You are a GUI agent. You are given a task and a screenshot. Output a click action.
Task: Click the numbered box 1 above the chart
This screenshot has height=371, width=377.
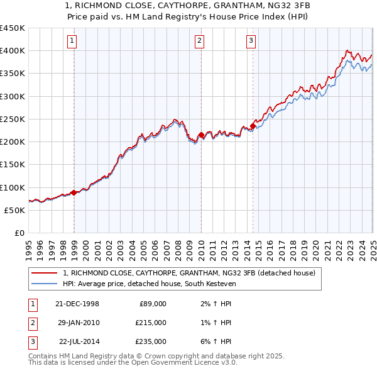(x=72, y=42)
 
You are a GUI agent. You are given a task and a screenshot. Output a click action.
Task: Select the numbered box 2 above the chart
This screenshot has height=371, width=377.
(x=199, y=42)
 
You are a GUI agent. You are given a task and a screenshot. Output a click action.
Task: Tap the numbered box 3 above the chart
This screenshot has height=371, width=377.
(x=251, y=42)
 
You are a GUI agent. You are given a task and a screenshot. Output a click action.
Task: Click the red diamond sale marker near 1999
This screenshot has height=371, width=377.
(x=74, y=192)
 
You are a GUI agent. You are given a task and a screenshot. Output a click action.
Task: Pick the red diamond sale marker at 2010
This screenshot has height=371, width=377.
(x=201, y=135)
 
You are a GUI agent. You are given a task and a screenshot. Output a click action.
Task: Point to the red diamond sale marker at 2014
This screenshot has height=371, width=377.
(x=253, y=126)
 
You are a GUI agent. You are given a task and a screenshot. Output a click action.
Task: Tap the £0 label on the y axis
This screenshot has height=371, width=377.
(x=19, y=233)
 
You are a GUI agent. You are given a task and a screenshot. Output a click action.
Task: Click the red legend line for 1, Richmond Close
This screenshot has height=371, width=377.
(x=45, y=273)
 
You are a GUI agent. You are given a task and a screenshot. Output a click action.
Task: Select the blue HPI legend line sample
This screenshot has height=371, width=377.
(x=45, y=284)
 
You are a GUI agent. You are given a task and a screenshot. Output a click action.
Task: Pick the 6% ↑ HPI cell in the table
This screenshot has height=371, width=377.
(x=217, y=341)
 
